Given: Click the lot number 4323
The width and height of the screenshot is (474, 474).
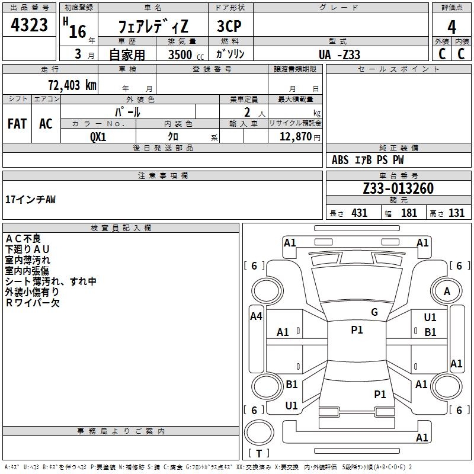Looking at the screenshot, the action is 29,25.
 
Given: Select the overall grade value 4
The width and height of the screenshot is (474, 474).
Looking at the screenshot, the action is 451,27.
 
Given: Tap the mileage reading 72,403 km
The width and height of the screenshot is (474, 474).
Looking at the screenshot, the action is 72,85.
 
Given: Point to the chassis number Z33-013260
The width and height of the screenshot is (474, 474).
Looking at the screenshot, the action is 398,188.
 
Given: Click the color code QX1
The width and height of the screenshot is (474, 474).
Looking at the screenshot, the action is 98,137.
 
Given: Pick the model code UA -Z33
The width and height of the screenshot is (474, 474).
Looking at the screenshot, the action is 339,55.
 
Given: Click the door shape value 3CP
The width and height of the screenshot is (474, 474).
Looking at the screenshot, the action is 229,26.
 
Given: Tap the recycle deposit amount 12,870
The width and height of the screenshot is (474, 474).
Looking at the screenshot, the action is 296,137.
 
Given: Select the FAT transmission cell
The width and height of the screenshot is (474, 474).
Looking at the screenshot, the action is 17,124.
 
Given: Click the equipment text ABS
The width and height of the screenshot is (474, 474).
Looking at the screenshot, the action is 340,160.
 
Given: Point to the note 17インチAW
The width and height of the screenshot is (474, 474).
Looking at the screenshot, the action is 31,200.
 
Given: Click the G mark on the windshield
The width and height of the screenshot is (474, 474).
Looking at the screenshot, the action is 374,312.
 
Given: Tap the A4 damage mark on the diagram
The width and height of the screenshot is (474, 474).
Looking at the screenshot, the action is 256,316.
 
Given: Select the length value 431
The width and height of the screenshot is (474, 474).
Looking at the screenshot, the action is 360,213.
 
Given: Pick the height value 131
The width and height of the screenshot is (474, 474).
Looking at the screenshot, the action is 456,213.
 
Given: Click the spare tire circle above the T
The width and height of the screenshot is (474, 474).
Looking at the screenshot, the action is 259,433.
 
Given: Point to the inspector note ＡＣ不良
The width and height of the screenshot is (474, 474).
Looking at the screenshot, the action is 23,239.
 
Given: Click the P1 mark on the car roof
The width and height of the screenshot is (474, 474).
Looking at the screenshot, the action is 357,330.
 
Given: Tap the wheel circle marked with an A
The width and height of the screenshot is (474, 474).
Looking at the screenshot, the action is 447,292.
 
